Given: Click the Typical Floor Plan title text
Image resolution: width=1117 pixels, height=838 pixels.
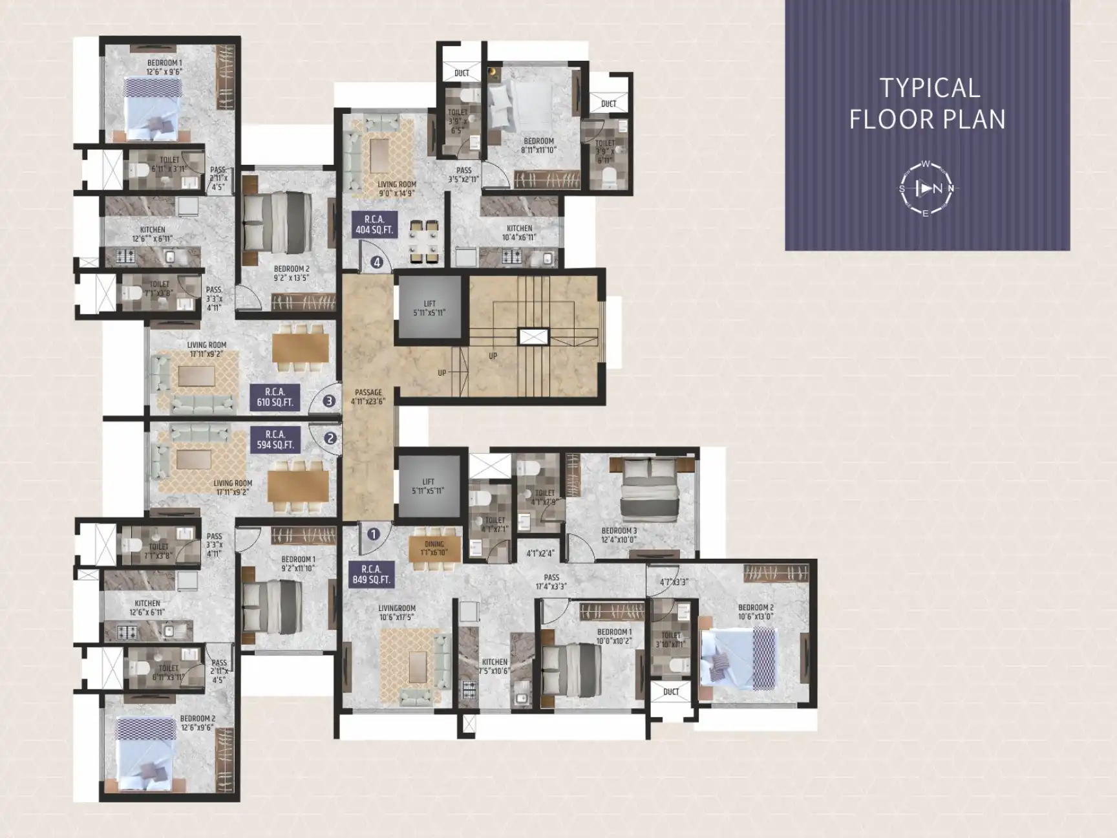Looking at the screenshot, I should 927,103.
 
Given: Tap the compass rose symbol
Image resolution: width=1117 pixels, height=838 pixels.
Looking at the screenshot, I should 926,189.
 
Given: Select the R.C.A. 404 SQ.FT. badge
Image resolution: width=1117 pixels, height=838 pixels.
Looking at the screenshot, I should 374,224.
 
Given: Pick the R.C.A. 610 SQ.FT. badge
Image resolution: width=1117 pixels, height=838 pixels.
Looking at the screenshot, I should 275,397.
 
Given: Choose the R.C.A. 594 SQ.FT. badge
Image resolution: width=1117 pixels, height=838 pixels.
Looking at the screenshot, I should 275,439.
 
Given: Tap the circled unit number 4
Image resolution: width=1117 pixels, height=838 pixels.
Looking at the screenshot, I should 377,263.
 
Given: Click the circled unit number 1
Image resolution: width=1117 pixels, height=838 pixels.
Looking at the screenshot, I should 373,534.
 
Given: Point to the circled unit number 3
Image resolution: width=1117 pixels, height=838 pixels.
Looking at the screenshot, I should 329,401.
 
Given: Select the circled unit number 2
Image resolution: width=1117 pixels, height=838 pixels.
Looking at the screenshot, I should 330,438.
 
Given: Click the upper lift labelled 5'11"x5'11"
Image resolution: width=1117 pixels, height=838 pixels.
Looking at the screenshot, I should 429,308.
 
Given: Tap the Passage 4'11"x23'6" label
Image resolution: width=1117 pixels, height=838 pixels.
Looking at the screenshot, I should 368,396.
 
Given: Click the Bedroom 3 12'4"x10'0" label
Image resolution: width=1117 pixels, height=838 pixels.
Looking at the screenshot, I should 619,535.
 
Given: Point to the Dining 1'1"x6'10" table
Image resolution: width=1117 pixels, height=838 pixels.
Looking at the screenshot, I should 434,548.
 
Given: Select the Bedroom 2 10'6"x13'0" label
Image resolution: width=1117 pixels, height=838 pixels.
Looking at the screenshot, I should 755,612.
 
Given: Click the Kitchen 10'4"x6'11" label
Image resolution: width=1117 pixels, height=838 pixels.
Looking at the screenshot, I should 519,233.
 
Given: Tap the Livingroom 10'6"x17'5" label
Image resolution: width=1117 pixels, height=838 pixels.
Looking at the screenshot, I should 397,612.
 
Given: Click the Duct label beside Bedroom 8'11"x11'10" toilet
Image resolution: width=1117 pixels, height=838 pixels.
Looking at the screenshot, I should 609,103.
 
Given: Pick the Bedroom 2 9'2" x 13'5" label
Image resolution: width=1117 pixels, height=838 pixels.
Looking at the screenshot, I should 291,273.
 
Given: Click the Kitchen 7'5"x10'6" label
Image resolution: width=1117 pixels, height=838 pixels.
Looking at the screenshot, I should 495,666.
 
